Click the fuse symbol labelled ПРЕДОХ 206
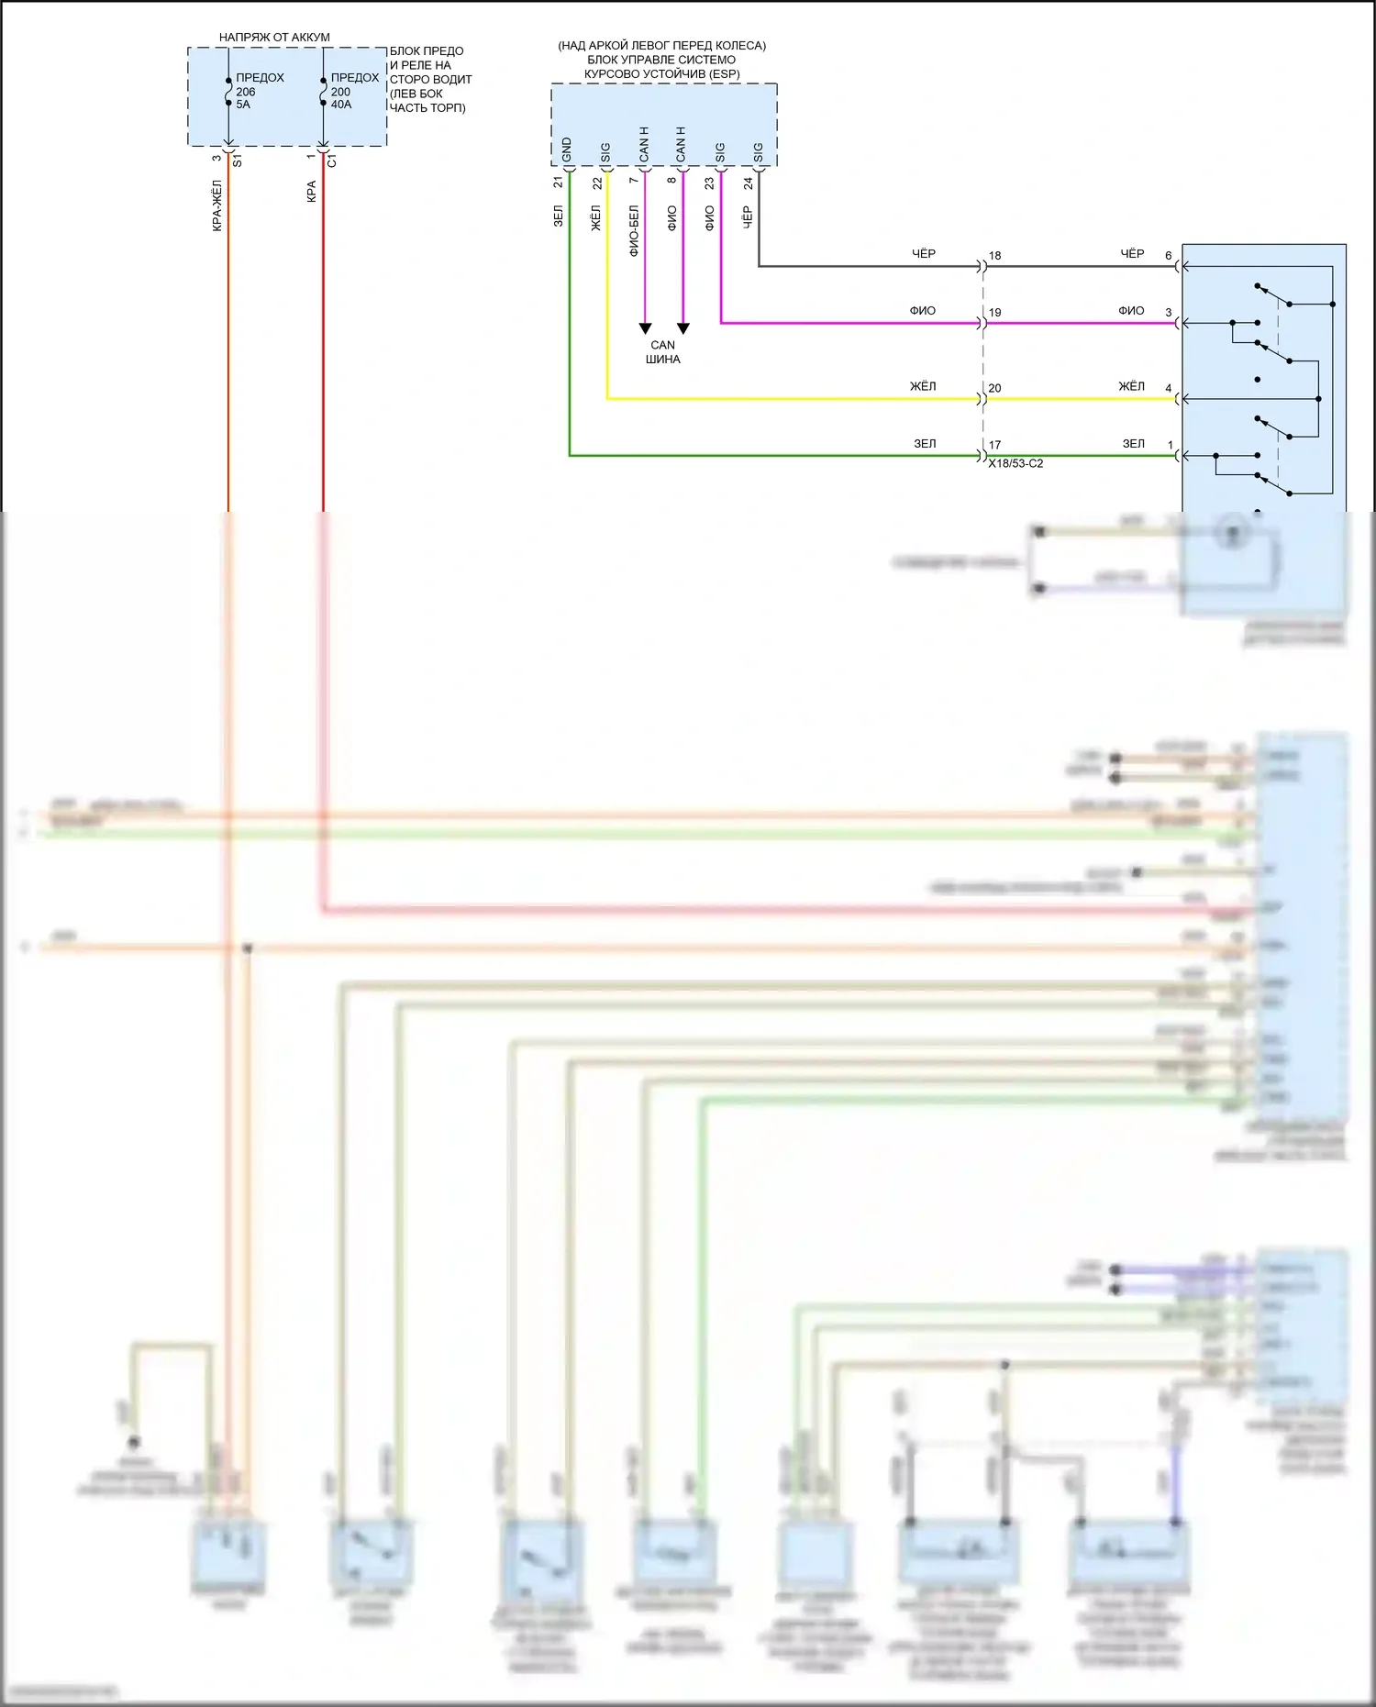pos(228,92)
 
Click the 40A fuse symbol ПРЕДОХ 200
pos(323,92)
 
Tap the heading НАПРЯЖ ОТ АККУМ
pos(274,38)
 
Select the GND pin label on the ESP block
pos(567,150)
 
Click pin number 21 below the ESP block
pos(559,183)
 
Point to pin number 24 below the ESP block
pos(749,183)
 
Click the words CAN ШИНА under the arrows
pos(662,352)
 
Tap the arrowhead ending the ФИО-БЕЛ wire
pos(645,328)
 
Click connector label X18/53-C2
pos(1015,464)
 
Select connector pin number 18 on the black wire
pos(994,256)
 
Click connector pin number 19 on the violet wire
pos(994,313)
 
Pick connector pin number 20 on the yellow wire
pos(994,388)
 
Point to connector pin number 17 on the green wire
pos(994,445)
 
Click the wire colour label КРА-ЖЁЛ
pos(217,205)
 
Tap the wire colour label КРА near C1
pos(312,192)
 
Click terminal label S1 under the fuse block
pos(238,161)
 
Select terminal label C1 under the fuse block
pos(332,161)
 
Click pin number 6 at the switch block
pos(1169,256)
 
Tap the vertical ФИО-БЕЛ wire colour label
pos(634,230)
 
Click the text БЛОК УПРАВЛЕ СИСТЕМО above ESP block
pos(661,60)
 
